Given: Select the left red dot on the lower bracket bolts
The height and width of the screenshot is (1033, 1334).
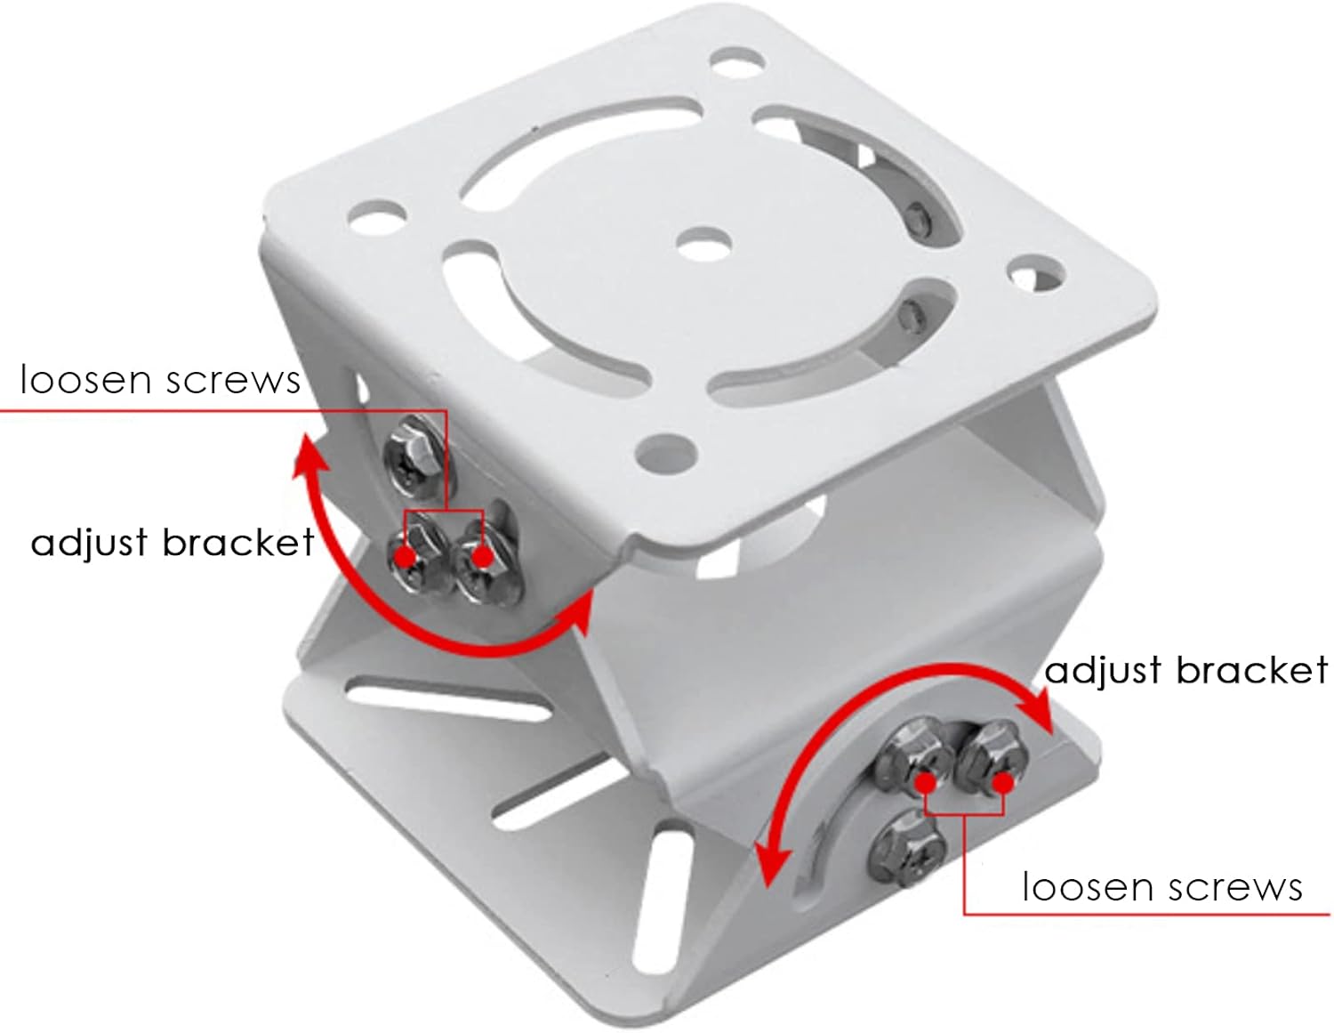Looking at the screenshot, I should [x=926, y=782].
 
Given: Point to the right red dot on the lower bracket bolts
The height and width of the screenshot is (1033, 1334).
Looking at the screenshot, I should [x=1003, y=782].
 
